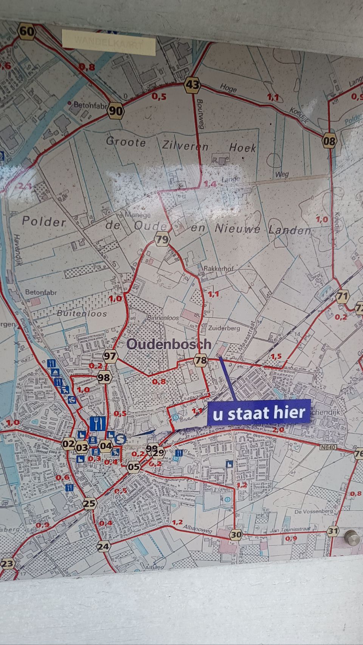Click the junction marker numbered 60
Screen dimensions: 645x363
26,31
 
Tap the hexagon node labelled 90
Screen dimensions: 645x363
116,111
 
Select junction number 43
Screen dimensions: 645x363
192,85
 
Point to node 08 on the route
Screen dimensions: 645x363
329,141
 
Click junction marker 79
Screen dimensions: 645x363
162,240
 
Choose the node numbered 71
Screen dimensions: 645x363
342,296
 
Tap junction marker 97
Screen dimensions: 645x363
110,356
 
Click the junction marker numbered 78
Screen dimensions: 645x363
200,360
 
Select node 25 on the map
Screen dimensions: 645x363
90,503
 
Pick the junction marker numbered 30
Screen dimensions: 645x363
236,534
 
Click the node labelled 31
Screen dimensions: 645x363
333,531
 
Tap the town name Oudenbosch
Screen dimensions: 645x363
169,344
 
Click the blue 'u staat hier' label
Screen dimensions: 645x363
259,413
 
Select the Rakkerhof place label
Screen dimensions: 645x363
219,268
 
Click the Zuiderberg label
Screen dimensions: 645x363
224,328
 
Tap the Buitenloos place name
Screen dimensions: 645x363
82,313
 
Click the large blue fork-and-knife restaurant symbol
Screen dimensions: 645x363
98,423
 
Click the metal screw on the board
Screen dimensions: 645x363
352,537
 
